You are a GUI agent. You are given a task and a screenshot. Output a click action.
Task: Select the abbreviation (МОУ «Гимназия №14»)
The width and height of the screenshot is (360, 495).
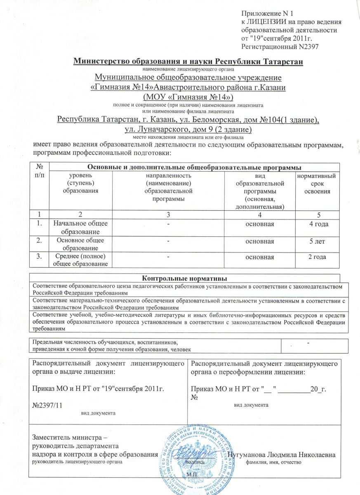188,97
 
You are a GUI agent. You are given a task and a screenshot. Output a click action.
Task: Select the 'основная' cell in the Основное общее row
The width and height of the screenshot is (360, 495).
259,241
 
